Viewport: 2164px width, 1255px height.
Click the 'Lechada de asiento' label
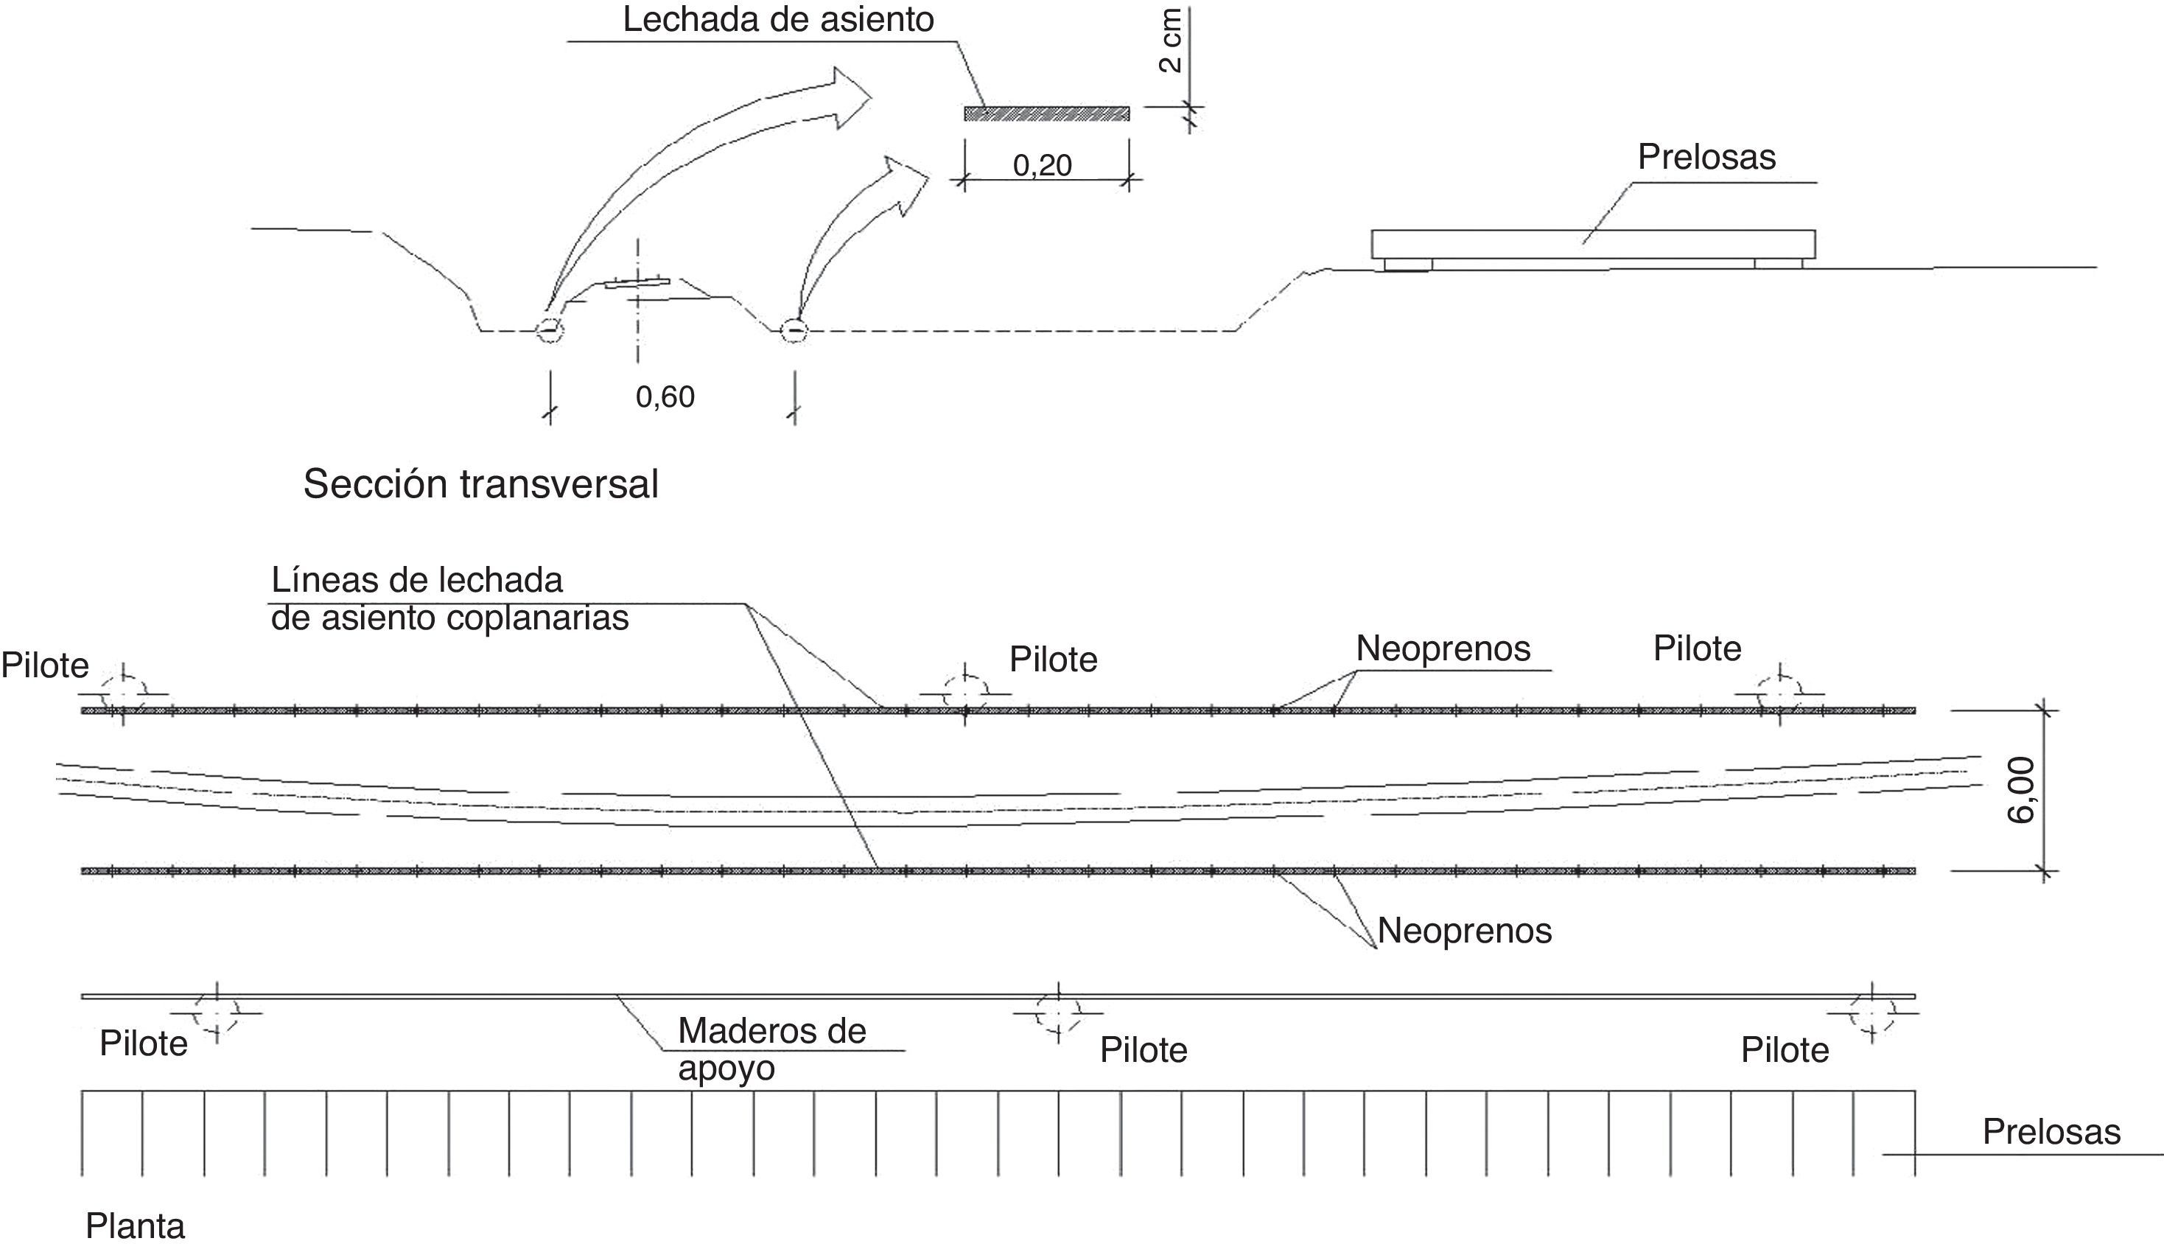point(777,20)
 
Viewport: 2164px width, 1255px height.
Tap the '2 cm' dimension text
point(1171,41)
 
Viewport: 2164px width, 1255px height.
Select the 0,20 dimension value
point(1043,165)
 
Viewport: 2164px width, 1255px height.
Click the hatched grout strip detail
point(1046,113)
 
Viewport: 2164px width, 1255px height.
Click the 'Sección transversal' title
point(481,484)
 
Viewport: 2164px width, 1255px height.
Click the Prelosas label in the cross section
point(1706,157)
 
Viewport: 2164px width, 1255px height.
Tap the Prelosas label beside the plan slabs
point(2051,1132)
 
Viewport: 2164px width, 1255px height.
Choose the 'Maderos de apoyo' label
point(771,1049)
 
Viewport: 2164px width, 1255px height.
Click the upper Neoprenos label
point(1443,649)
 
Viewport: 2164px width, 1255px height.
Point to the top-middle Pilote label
point(1053,660)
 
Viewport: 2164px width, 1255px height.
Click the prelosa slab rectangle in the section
point(1593,243)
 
